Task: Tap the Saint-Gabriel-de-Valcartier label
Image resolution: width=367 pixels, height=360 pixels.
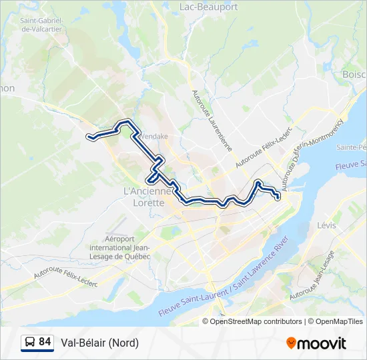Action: [x=42, y=25]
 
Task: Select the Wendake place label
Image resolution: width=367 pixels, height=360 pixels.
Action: [x=153, y=137]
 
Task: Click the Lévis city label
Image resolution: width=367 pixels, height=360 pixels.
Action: [x=327, y=225]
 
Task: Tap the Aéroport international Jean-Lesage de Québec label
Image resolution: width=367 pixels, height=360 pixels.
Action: [x=127, y=247]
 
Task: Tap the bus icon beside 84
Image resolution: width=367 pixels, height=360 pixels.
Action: [x=29, y=343]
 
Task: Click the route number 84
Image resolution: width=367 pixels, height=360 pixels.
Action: [x=45, y=343]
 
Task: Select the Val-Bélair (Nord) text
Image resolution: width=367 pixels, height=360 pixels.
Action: [x=100, y=343]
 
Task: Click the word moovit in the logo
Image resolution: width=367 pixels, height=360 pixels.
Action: [x=322, y=343]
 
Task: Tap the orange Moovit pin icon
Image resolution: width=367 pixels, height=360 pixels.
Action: [x=292, y=343]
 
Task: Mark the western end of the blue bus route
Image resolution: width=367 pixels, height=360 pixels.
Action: [x=89, y=137]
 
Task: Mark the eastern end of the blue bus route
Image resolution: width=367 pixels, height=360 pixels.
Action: [x=278, y=197]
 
